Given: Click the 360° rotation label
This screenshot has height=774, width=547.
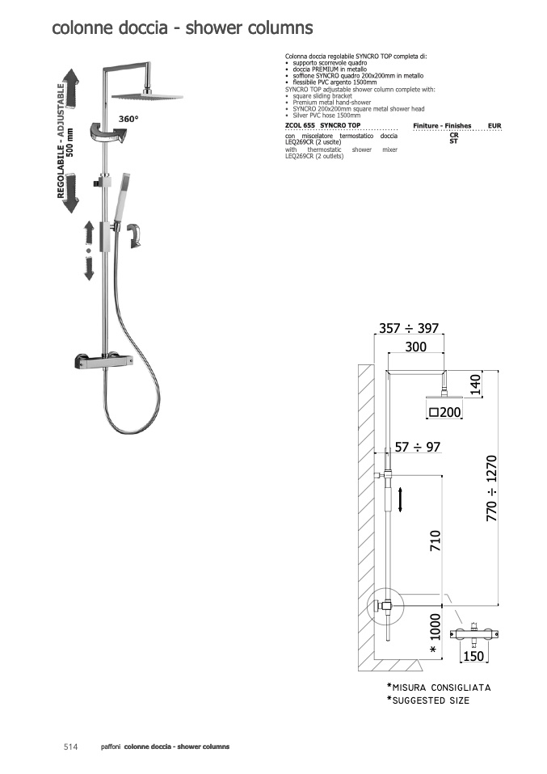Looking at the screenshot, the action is (x=128, y=119).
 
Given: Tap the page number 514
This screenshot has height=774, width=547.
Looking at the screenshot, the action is (x=70, y=747).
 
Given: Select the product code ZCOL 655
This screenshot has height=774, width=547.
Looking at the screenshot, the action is (x=300, y=125).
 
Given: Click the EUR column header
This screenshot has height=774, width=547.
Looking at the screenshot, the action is (x=494, y=126).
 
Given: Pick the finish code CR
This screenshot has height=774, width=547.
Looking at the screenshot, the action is (x=454, y=135).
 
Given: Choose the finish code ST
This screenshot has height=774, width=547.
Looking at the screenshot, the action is (x=454, y=141).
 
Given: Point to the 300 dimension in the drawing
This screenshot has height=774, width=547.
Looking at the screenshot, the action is (x=415, y=347).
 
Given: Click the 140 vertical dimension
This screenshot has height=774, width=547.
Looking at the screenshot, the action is (x=474, y=385).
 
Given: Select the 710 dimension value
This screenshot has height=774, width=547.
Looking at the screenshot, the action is (x=435, y=541).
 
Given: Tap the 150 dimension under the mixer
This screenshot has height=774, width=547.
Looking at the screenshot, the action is (x=473, y=656).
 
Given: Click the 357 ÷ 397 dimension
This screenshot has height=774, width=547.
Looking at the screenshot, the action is (x=409, y=328).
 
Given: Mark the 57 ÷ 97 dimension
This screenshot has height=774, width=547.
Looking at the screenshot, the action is (x=418, y=448).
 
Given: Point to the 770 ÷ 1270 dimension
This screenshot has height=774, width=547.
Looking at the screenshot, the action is (x=492, y=489).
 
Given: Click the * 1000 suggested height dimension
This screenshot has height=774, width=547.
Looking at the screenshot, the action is (x=434, y=633).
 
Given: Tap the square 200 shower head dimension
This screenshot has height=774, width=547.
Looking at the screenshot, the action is (x=445, y=412).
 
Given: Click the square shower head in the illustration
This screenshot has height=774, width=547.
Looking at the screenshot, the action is (x=147, y=96).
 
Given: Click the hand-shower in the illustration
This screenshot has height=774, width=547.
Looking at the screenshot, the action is (x=122, y=197).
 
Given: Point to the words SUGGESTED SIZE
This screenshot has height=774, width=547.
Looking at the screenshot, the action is (x=431, y=700).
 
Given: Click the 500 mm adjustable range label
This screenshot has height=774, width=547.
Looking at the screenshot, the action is (x=69, y=142).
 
